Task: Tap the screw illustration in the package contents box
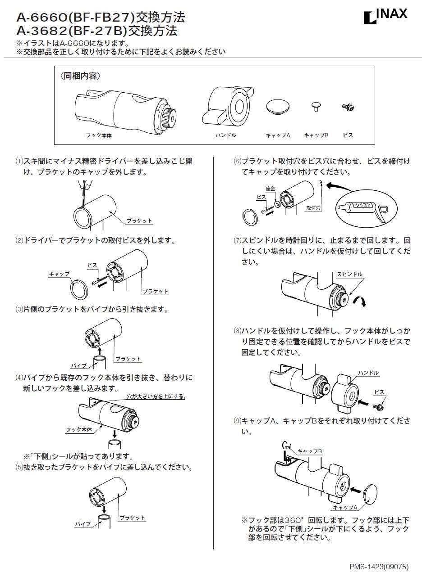(x=348, y=107)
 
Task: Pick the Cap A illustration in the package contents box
(x=278, y=107)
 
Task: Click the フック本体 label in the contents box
(x=98, y=135)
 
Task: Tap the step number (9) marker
(x=237, y=421)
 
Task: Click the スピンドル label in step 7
(x=349, y=274)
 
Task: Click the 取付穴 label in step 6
(x=313, y=208)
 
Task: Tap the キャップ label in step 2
(x=59, y=274)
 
